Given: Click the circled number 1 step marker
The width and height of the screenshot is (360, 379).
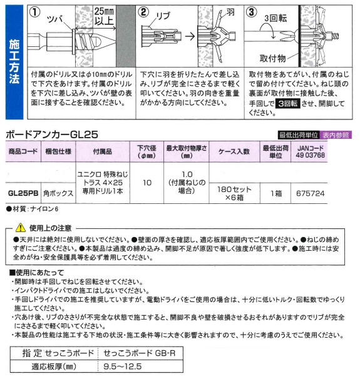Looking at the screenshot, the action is [34, 13].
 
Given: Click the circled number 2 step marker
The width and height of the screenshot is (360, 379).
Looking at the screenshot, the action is [143, 13].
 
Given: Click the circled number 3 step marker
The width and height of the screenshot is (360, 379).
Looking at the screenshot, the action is [252, 13].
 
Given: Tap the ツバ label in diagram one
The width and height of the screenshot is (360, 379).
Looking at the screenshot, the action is [55, 19].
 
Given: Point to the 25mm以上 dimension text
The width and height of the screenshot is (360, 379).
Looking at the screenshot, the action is [104, 16].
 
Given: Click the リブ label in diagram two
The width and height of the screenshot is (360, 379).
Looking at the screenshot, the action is [163, 16].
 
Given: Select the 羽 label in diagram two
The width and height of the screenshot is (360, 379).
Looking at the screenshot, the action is [230, 12].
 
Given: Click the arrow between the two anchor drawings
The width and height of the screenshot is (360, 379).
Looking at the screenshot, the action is [190, 37].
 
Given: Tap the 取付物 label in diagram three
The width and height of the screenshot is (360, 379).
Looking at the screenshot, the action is [273, 58].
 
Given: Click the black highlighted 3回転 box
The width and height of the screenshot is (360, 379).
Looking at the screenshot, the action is [288, 104].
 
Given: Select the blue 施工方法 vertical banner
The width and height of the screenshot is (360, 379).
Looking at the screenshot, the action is [14, 62].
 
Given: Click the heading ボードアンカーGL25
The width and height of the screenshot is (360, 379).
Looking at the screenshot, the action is [52, 134].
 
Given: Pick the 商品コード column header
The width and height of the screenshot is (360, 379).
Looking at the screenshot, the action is [23, 151].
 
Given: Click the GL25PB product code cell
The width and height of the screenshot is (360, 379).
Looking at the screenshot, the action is [23, 193].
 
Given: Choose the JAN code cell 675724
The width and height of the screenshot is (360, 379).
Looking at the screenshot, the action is [310, 193].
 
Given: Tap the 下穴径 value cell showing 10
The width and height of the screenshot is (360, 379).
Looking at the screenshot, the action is [147, 183].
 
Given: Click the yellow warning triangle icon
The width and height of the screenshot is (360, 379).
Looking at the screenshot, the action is [21, 228].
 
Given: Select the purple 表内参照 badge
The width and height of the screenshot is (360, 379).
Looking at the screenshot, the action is [336, 135].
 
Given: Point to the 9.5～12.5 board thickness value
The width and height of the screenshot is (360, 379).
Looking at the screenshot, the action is [123, 366].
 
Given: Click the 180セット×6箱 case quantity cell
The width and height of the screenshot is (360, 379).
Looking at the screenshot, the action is [234, 193].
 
